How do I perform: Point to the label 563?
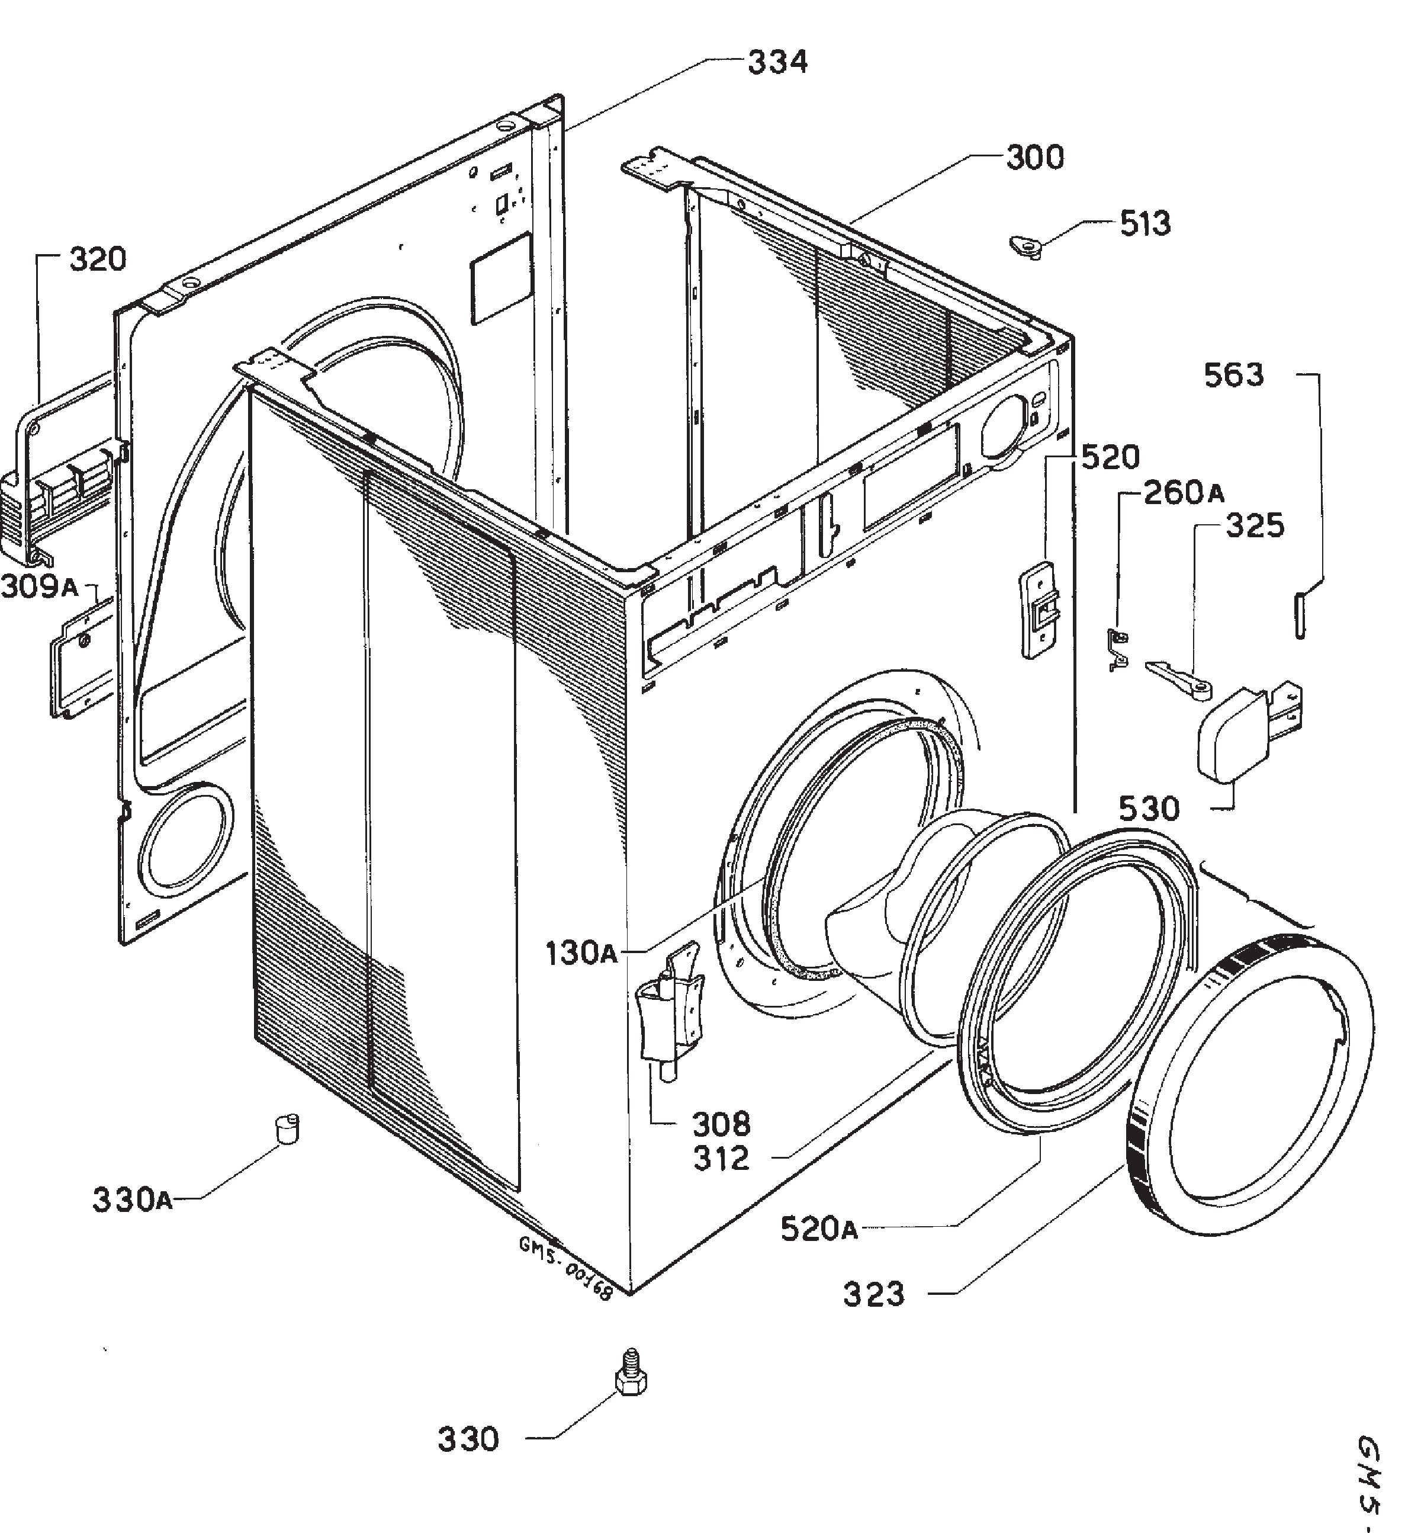[x=1233, y=376]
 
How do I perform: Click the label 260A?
[x=1184, y=493]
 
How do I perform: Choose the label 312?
[x=721, y=1159]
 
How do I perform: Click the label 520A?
[x=819, y=1229]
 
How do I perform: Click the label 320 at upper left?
[x=98, y=261]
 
